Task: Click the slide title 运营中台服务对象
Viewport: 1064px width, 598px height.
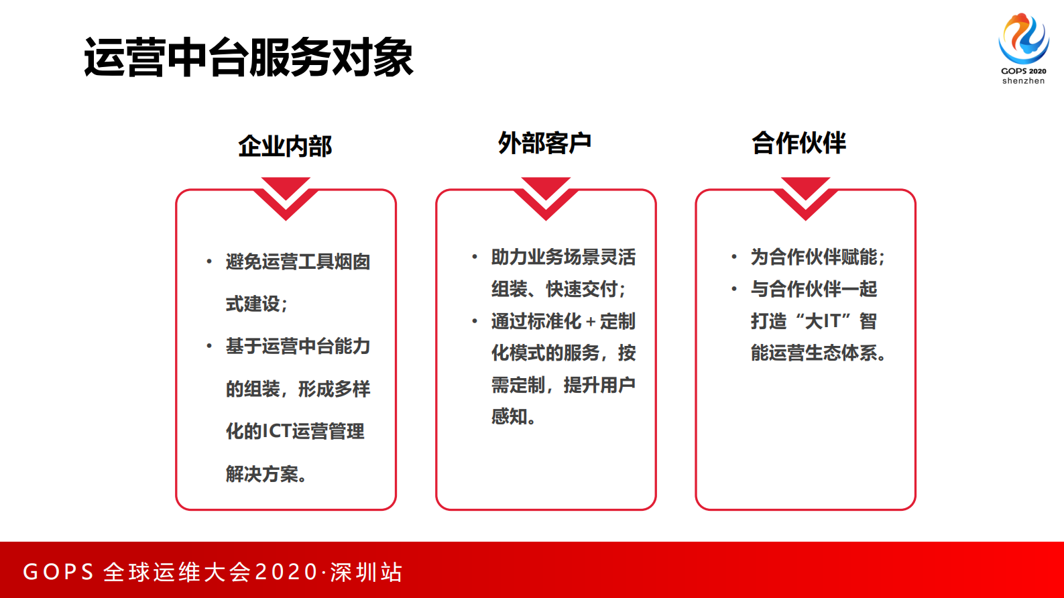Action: [x=248, y=58]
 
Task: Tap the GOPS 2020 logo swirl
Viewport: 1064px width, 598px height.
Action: [x=1023, y=38]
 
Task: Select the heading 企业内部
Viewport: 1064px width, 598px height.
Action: [x=285, y=146]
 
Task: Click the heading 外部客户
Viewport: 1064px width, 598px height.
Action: [x=544, y=143]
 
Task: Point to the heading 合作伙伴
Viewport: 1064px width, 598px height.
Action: [x=799, y=143]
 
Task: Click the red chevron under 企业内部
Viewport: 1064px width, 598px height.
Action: [x=286, y=198]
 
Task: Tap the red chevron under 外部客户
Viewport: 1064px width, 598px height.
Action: [x=546, y=198]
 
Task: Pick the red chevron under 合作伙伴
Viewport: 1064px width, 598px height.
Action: [x=805, y=198]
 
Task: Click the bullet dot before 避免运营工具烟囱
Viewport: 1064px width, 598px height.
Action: [x=209, y=261]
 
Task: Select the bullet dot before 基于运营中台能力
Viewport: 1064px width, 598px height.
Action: [x=209, y=346]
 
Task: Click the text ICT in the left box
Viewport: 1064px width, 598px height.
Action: [x=276, y=431]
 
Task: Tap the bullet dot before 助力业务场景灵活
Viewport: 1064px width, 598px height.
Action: [x=475, y=257]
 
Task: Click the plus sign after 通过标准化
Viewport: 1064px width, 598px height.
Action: [x=591, y=322]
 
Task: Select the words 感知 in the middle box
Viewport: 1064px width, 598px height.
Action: [x=509, y=417]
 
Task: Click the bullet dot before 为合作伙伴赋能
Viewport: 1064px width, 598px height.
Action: [x=734, y=257]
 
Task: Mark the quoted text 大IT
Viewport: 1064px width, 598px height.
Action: [x=823, y=321]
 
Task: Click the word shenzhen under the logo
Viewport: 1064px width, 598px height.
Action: [x=1023, y=81]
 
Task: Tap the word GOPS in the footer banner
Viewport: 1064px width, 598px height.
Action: [x=58, y=572]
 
